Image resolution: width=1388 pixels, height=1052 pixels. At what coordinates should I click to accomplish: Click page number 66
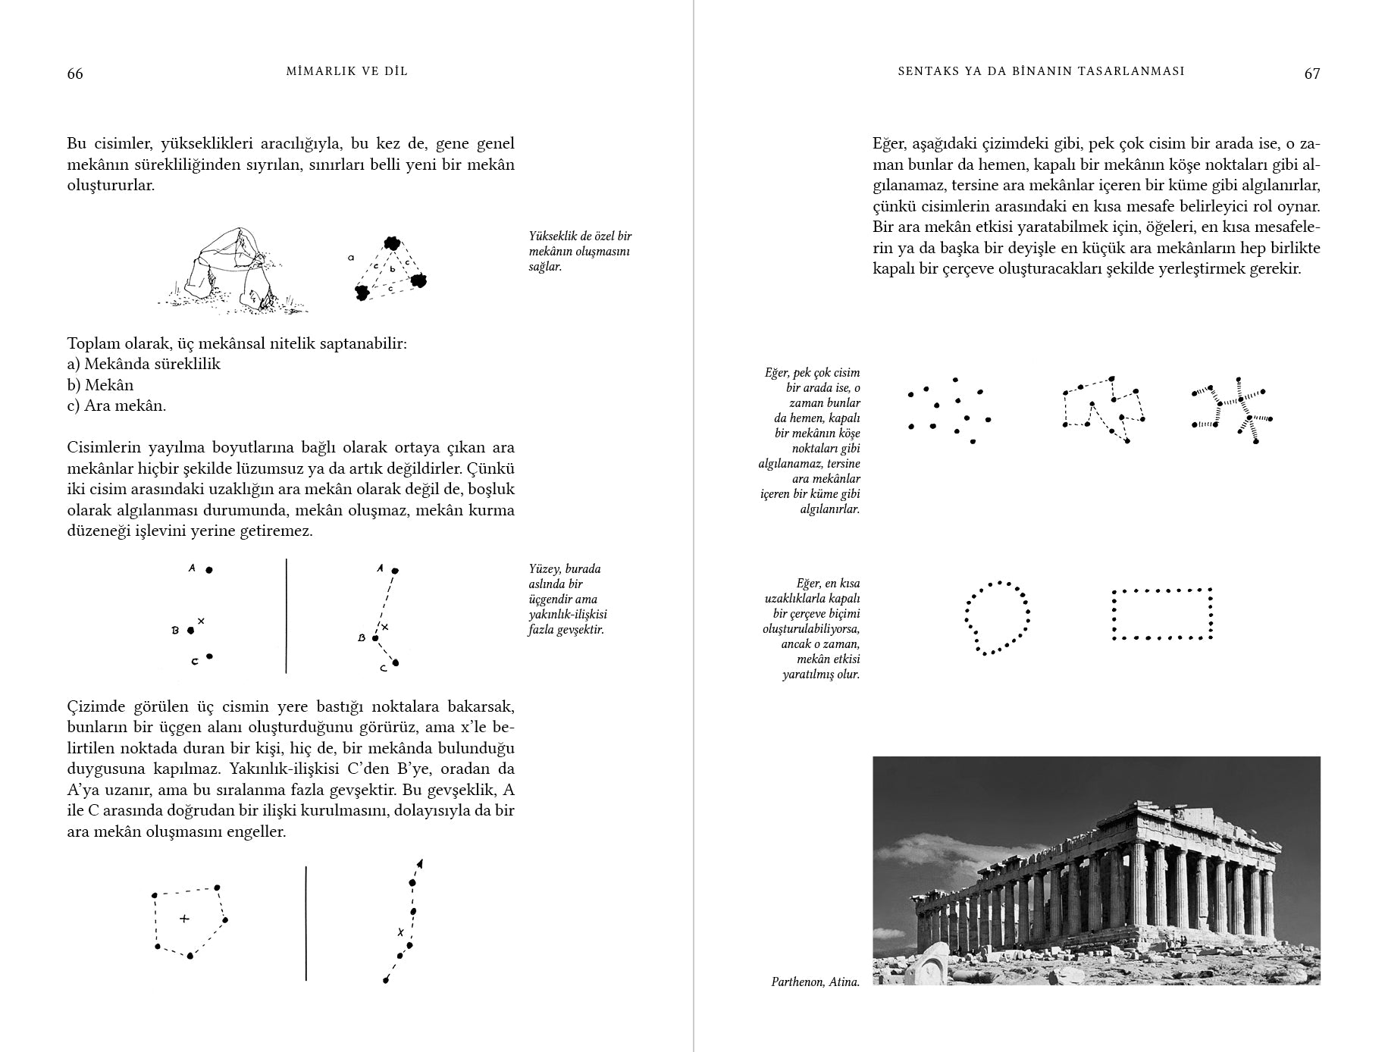tap(75, 74)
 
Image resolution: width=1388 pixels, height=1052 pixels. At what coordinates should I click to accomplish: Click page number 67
tap(1311, 74)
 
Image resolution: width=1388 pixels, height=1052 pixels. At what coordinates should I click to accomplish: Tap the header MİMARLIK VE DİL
tap(347, 71)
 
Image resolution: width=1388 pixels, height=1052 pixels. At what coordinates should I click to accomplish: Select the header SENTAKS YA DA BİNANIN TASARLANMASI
tap(1040, 71)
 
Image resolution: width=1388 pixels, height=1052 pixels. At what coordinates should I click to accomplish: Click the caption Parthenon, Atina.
tap(815, 982)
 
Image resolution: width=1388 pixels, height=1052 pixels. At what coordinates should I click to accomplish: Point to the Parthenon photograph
tap(1095, 870)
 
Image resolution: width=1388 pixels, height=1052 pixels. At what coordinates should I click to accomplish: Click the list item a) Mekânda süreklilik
tap(144, 364)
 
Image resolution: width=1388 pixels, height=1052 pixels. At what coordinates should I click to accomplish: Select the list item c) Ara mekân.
tap(116, 405)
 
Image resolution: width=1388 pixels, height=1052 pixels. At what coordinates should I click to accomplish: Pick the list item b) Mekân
tap(100, 385)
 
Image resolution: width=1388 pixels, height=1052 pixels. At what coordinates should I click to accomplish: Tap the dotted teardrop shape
tap(997, 617)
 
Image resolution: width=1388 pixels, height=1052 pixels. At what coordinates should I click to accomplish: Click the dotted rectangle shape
tap(1161, 614)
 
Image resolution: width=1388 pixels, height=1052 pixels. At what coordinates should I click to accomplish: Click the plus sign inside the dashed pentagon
tap(183, 919)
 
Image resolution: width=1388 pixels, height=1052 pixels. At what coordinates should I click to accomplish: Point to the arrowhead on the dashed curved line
tap(419, 863)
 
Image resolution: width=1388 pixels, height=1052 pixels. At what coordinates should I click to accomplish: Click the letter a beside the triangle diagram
tap(351, 258)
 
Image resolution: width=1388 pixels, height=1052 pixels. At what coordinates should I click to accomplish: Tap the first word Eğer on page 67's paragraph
tap(888, 144)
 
